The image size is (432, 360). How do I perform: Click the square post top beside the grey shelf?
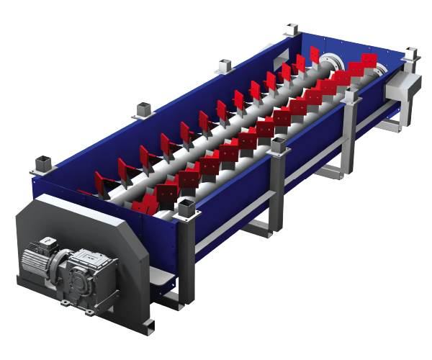(x=186, y=210)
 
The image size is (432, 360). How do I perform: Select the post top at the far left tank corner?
(x=291, y=30)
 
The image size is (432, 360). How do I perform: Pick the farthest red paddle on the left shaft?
(x=315, y=55)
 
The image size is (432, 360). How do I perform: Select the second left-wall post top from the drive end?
(x=143, y=111)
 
